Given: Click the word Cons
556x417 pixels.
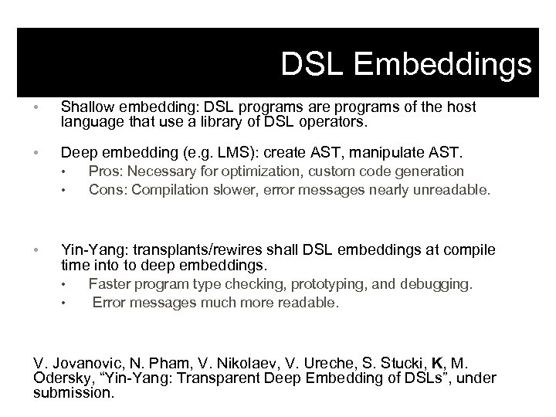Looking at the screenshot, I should (x=107, y=188).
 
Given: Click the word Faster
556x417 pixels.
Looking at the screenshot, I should (x=110, y=284).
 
